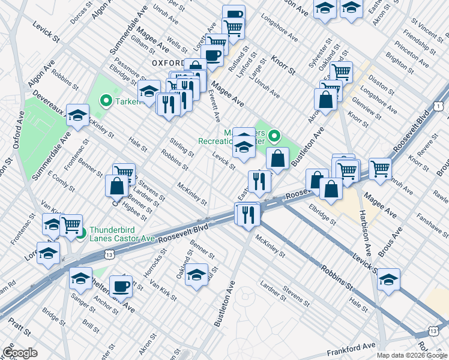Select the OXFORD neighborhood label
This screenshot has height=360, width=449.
point(167,62)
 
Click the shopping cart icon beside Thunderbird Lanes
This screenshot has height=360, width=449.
point(71,226)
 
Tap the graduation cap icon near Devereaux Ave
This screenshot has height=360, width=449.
point(77,116)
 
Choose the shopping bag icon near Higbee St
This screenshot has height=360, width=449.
point(116,186)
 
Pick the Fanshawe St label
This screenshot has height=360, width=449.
point(431,224)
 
